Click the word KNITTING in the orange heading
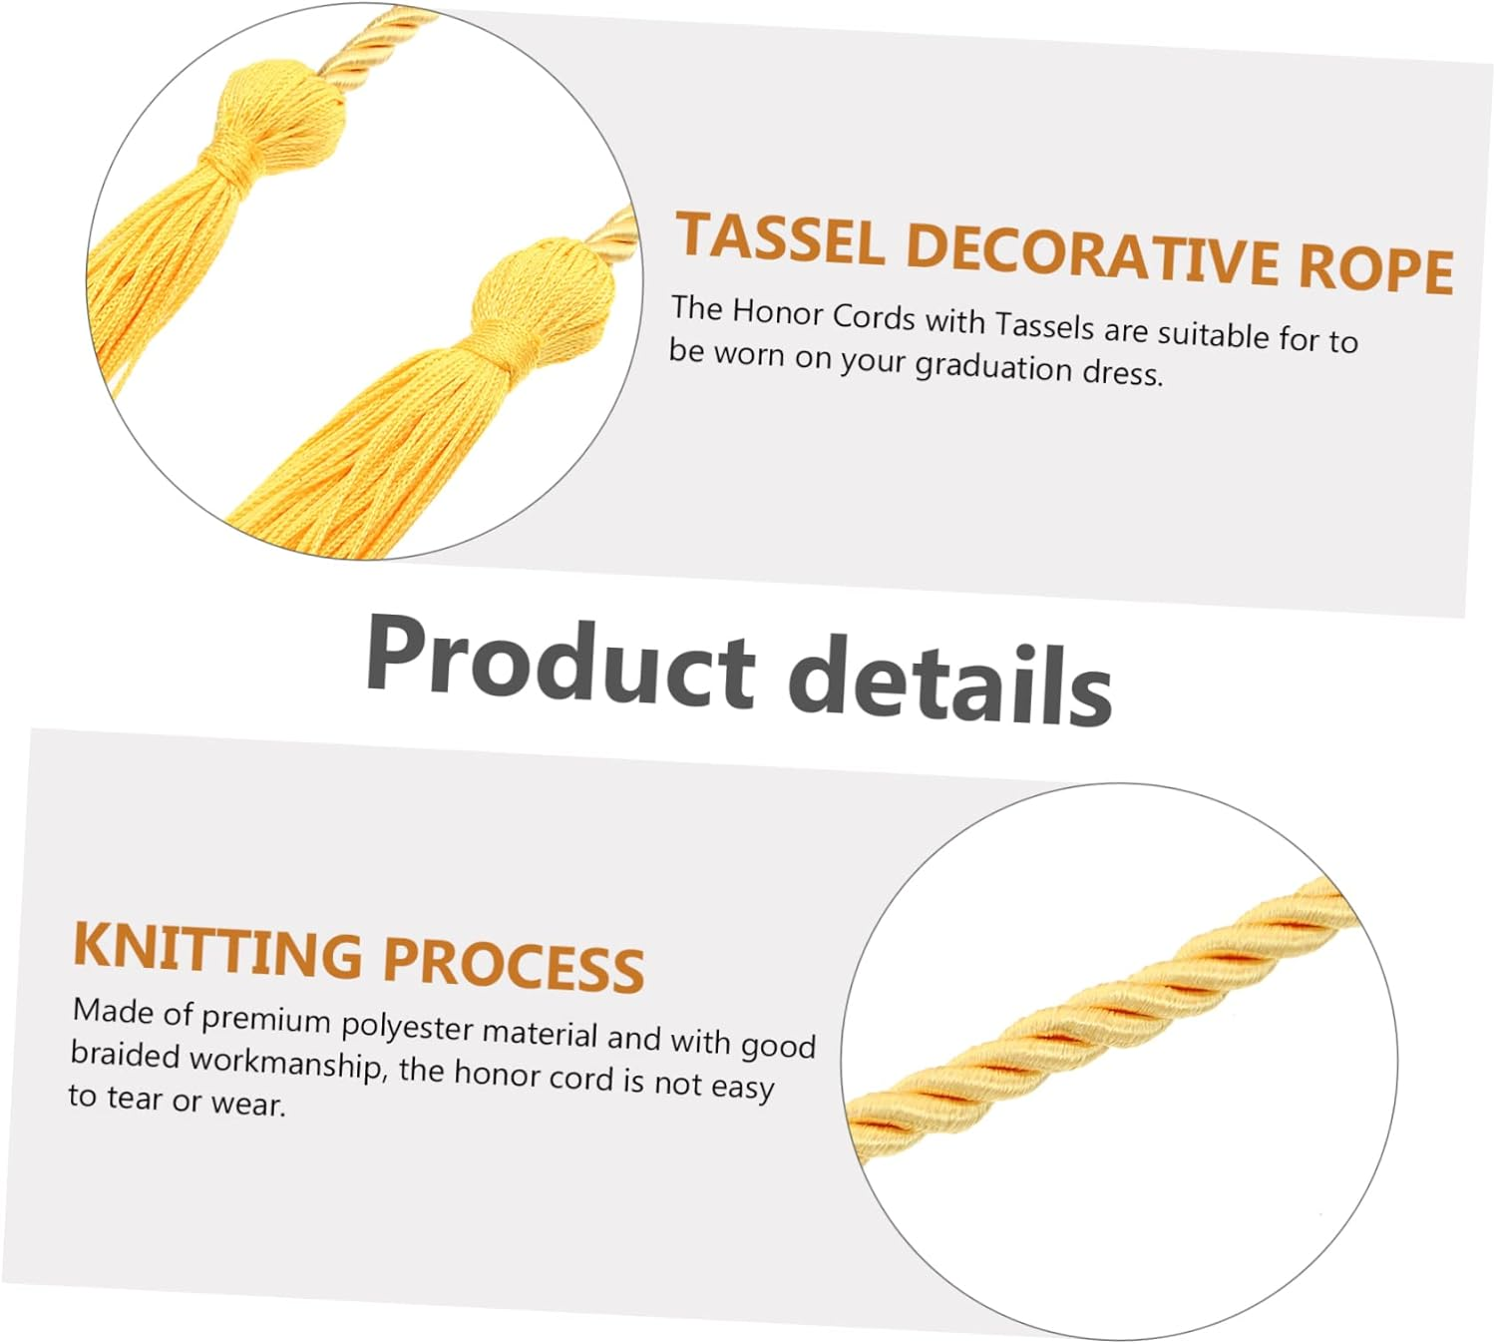(218, 949)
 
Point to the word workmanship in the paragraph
(285, 1062)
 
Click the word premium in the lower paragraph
(265, 1019)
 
